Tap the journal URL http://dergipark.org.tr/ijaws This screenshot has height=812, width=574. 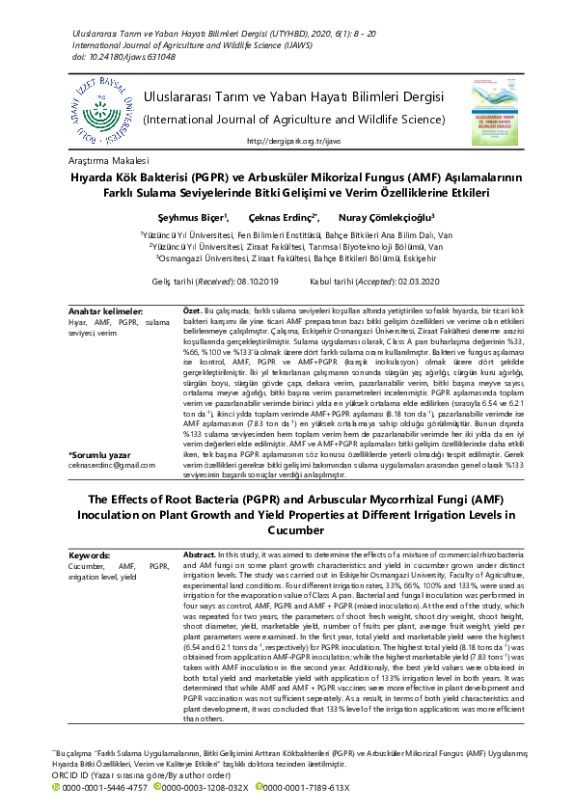point(294,141)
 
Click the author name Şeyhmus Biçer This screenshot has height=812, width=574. point(192,218)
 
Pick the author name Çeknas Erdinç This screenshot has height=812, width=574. point(283,218)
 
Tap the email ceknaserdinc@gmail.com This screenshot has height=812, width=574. point(111,465)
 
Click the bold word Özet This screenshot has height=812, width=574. point(192,311)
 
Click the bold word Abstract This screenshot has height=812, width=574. point(199,555)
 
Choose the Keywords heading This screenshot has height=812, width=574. point(91,555)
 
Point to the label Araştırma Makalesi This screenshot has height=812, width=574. point(109,160)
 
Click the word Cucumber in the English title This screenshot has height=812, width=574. point(287,529)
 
